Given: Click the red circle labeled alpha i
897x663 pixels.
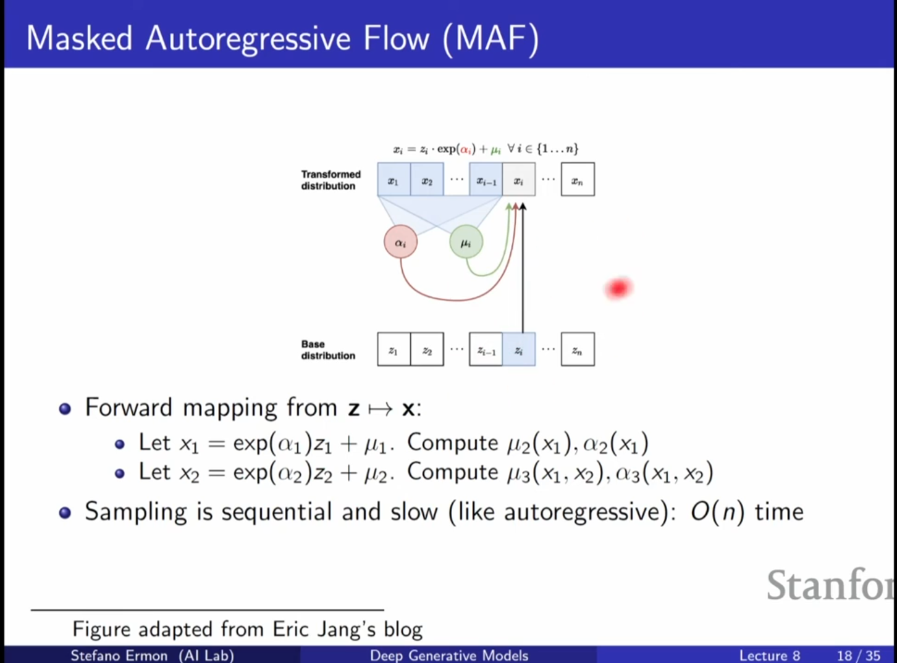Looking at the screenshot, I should pyautogui.click(x=400, y=242).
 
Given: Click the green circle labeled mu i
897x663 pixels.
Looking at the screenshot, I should pyautogui.click(x=466, y=242).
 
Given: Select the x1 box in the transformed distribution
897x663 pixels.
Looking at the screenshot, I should pyautogui.click(x=394, y=180).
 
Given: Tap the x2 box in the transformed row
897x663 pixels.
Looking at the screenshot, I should pyautogui.click(x=427, y=180).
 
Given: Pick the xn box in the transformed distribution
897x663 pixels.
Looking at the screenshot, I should pyautogui.click(x=578, y=180).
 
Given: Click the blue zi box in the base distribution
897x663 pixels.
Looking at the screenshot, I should pyautogui.click(x=519, y=349).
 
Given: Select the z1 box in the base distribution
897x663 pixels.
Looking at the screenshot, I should pyautogui.click(x=394, y=349).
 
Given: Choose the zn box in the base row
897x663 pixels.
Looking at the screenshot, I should pyautogui.click(x=578, y=349).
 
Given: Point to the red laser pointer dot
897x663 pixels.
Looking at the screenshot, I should pyautogui.click(x=618, y=288).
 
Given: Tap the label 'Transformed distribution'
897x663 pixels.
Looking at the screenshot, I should pyautogui.click(x=331, y=180).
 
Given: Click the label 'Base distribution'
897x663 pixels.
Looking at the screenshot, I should pyautogui.click(x=328, y=350).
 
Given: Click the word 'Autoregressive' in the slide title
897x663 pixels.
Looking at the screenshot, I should pyautogui.click(x=248, y=38).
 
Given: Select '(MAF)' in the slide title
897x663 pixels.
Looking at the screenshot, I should pyautogui.click(x=491, y=38).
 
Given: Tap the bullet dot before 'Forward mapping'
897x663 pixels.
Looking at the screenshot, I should pyautogui.click(x=65, y=409).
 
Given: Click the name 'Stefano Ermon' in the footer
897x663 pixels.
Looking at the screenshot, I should pyautogui.click(x=119, y=655).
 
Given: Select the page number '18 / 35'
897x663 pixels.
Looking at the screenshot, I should pyautogui.click(x=859, y=656).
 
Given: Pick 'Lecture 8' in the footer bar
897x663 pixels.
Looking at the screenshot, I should pyautogui.click(x=770, y=656).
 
